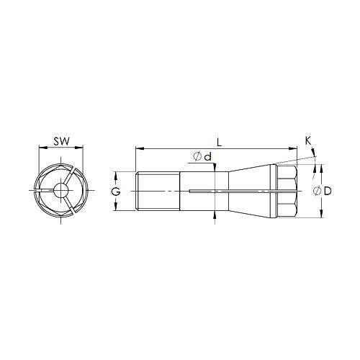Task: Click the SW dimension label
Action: pos(60,142)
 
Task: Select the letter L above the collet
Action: pos(218,142)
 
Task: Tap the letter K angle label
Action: pos(308,142)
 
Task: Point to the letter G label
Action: pos(114,191)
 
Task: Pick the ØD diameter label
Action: pos(323,191)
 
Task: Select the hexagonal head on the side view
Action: pos(287,191)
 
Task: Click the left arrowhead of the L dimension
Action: pos(138,149)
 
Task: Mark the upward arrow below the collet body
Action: pos(215,216)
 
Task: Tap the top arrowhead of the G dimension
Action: pos(117,174)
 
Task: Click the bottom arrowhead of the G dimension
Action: pos(117,208)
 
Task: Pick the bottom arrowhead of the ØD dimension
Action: pos(320,215)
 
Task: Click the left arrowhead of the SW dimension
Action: pos(39,149)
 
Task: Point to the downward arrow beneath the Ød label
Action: pos(215,168)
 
